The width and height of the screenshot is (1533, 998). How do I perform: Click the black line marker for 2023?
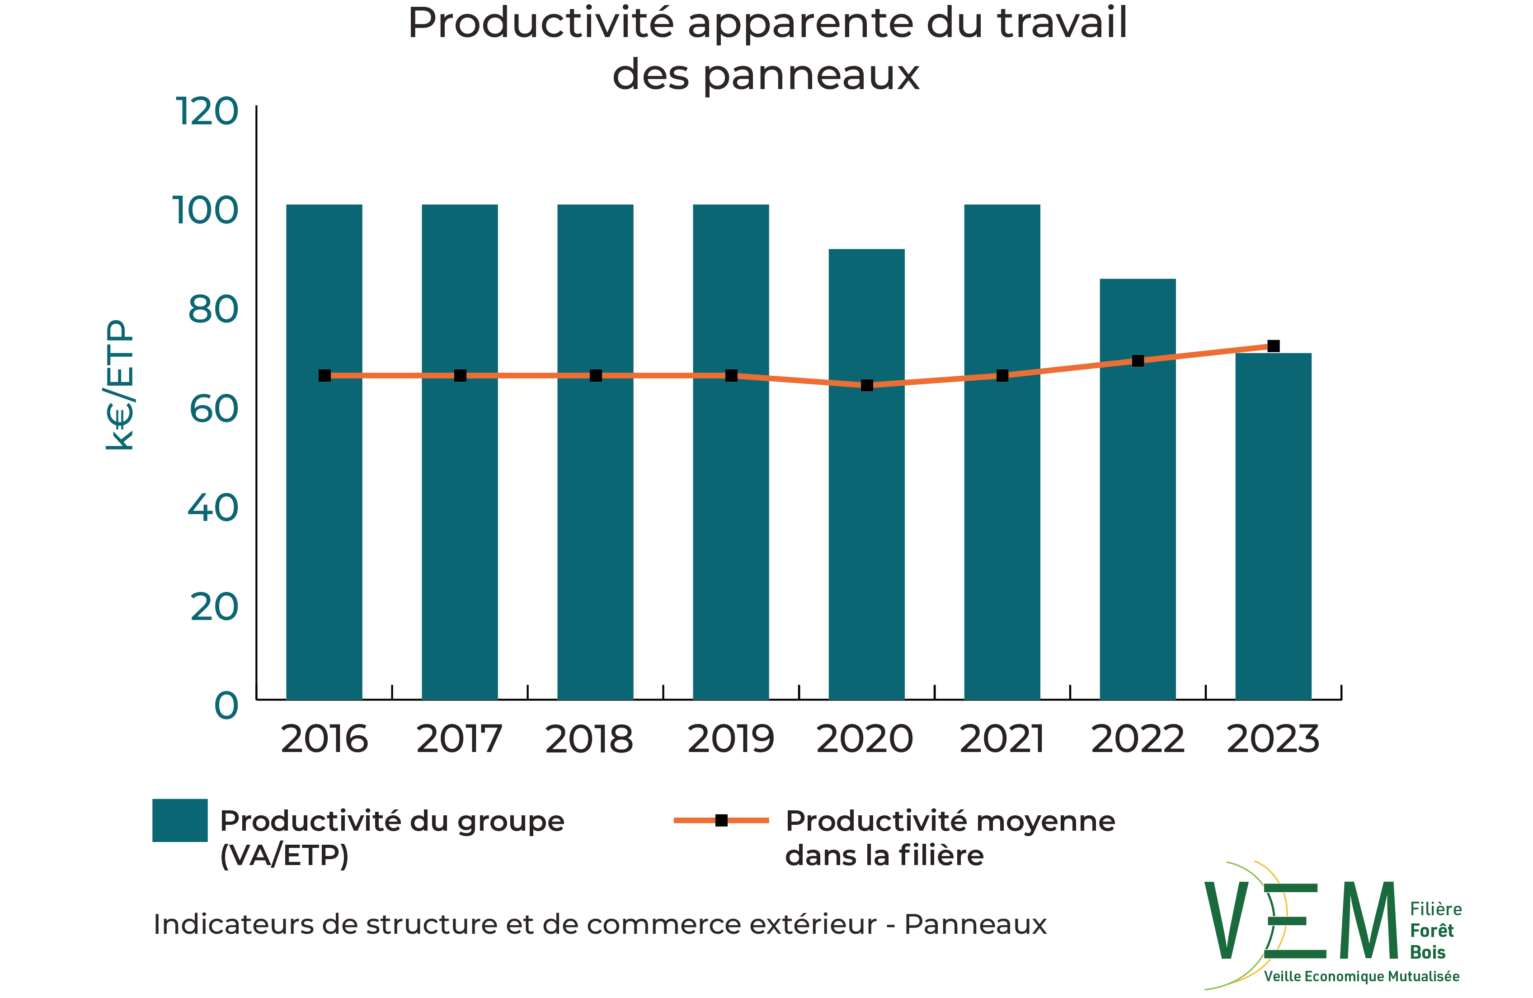[x=1274, y=346]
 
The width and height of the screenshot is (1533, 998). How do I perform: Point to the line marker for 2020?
[x=867, y=385]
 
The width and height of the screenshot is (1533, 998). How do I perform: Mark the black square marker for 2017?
[x=460, y=376]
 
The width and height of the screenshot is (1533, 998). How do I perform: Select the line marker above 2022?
[x=1138, y=361]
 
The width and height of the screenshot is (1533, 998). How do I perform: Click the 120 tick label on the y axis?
[x=207, y=111]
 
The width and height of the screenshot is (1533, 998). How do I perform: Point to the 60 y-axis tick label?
[x=214, y=409]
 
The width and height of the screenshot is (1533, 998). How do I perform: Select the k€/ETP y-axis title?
[x=120, y=385]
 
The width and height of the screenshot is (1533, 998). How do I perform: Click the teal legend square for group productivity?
[x=180, y=820]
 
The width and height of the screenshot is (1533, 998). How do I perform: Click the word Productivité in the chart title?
[x=541, y=24]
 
